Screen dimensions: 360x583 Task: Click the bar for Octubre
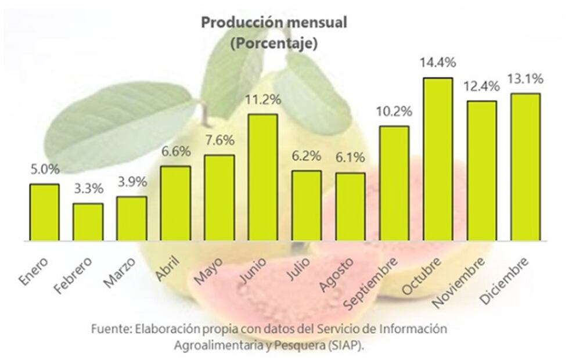[x=438, y=159]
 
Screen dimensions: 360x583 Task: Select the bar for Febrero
[x=88, y=222]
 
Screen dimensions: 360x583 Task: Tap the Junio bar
[x=263, y=177]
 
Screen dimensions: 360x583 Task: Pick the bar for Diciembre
[x=526, y=167]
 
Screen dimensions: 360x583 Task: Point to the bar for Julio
[x=307, y=206]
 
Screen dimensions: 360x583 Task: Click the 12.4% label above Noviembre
[x=482, y=87]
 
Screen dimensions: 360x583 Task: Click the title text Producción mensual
[x=273, y=23]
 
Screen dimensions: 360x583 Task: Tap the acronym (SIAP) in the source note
[x=348, y=345]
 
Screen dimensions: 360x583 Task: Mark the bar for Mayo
[x=219, y=197]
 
